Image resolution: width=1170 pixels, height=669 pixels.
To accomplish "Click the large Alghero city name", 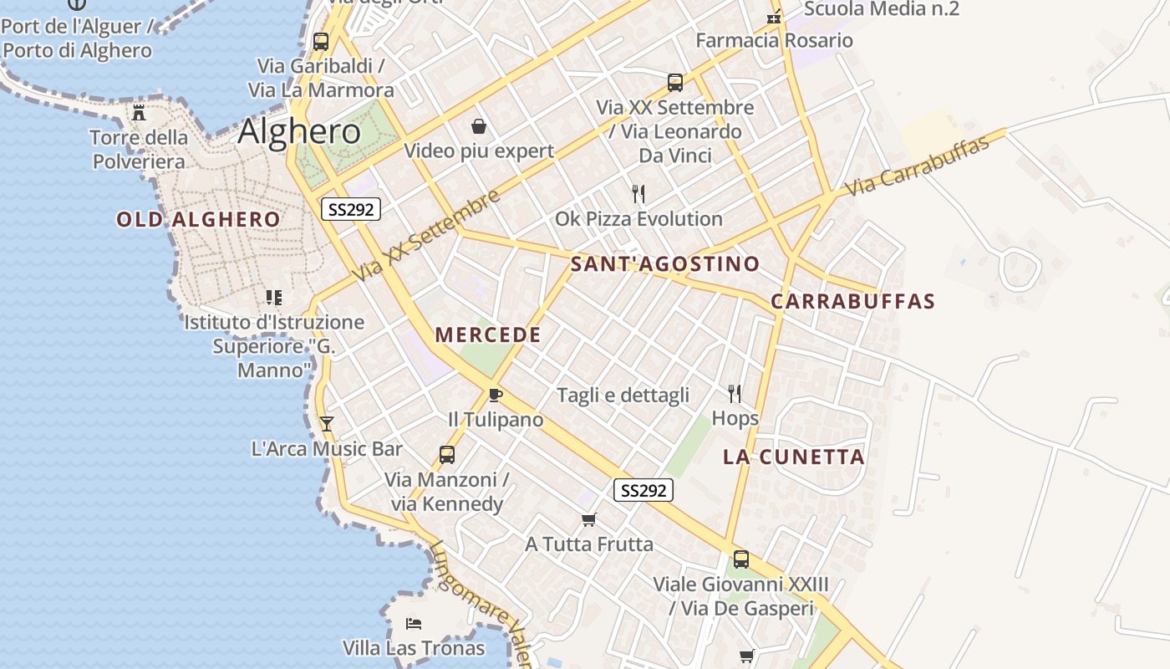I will (x=299, y=132).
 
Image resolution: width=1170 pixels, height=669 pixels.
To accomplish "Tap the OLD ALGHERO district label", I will (x=198, y=220).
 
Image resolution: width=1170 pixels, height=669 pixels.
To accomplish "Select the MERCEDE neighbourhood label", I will (x=488, y=335).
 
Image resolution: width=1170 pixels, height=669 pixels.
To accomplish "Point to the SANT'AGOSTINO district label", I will (x=665, y=264).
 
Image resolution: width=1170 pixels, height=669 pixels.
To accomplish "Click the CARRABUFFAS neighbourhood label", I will (x=852, y=301).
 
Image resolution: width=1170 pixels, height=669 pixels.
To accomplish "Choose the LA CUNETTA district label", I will (x=793, y=457).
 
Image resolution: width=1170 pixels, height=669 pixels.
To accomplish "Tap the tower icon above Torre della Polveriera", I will (x=140, y=112).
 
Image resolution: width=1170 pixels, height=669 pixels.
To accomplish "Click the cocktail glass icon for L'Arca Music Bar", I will (x=327, y=424).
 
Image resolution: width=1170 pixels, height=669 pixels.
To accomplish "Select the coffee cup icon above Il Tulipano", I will (x=496, y=395).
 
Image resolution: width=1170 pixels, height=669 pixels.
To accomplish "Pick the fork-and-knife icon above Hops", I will (x=735, y=393).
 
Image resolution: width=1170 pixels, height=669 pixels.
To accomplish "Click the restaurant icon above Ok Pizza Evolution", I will (x=638, y=194).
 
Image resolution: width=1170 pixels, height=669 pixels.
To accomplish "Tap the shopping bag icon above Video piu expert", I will (x=479, y=126).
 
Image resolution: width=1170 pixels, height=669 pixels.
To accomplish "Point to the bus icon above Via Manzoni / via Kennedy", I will (x=447, y=455).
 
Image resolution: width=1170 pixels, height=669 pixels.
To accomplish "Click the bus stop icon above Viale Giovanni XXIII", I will (x=740, y=559).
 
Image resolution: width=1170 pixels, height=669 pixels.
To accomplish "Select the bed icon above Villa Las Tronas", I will (x=414, y=623).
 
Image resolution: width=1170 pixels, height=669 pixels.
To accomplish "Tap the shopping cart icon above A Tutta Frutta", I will (x=589, y=519).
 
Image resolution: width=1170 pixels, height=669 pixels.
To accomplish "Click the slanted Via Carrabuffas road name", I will (x=918, y=166).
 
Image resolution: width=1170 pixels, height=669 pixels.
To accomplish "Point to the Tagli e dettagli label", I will (x=623, y=395).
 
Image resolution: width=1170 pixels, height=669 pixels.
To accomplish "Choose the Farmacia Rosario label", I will (x=774, y=40).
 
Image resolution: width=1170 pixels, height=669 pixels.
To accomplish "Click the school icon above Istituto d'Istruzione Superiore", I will (x=274, y=297).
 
